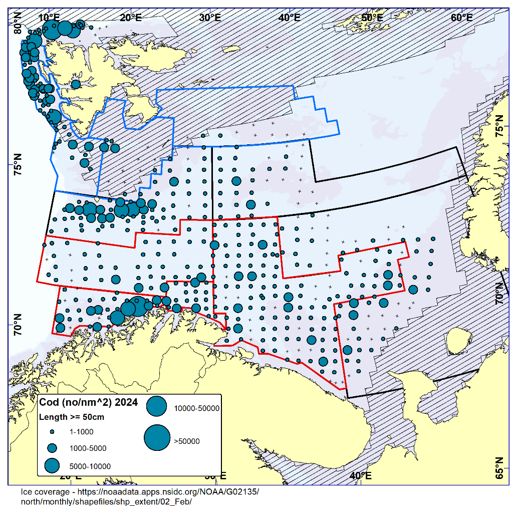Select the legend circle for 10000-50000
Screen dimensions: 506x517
click(157, 406)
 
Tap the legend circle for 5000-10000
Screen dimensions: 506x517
click(52, 465)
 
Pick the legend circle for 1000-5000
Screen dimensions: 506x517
click(52, 448)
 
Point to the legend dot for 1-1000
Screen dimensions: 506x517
click(52, 431)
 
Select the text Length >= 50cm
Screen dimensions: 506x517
click(72, 417)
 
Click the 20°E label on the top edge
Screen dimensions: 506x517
click(131, 18)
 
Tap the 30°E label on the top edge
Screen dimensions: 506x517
click(210, 18)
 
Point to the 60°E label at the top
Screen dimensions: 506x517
click(462, 18)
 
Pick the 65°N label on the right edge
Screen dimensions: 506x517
click(500, 467)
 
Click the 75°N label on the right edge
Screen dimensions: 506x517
click(500, 125)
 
